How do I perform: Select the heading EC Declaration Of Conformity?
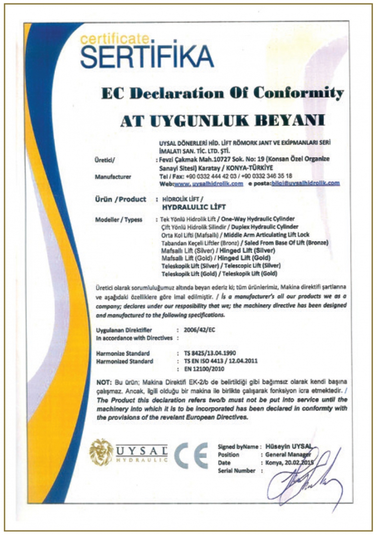pos(223,94)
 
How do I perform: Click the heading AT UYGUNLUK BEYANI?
pos(222,121)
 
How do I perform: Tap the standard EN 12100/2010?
pos(205,369)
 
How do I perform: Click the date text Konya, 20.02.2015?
pos(288,463)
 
